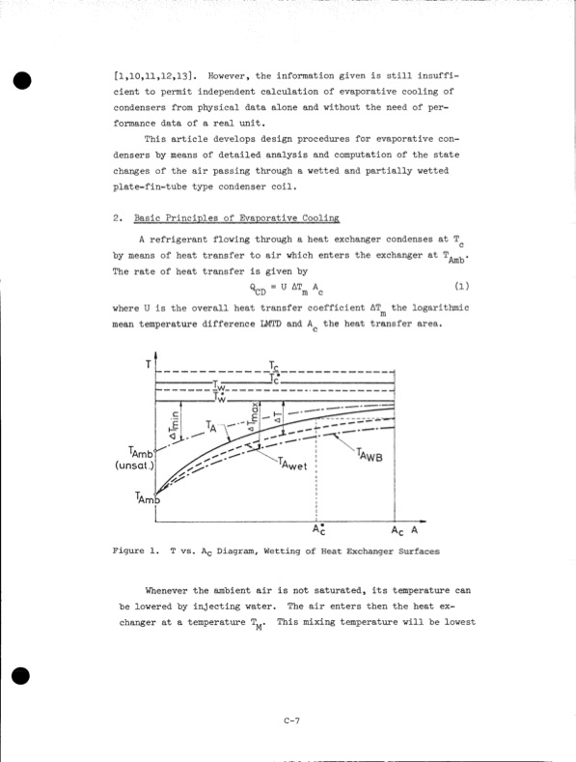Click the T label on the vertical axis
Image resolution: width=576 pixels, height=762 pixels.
coord(148,363)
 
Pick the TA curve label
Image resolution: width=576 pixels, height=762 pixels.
coord(213,426)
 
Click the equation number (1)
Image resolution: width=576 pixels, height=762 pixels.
coord(459,286)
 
